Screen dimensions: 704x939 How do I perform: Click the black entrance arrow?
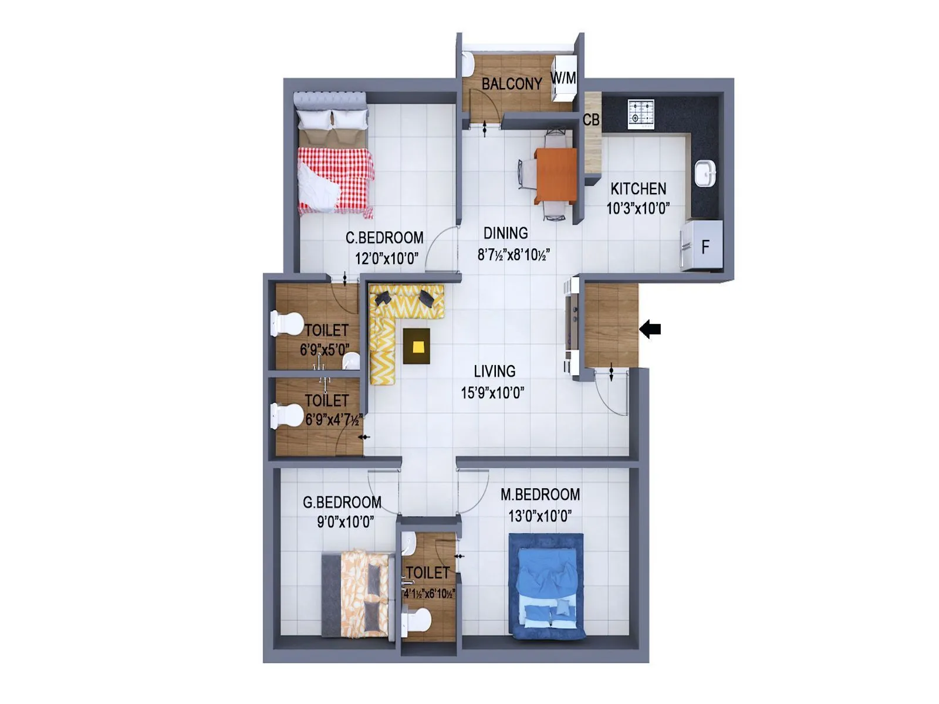tap(650, 329)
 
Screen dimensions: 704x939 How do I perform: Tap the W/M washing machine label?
tap(563, 77)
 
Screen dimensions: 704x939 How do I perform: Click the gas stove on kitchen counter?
tap(640, 114)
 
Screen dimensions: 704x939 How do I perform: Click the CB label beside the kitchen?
tap(591, 120)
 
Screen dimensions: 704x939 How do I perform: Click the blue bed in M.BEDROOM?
tap(546, 587)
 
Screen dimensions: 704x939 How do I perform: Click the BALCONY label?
tap(512, 84)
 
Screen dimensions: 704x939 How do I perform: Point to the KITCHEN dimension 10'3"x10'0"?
tap(638, 209)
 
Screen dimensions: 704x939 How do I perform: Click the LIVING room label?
tap(494, 371)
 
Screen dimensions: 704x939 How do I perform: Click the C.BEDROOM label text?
tap(384, 238)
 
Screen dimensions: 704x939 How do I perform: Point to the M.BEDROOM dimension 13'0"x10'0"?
tap(540, 516)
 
